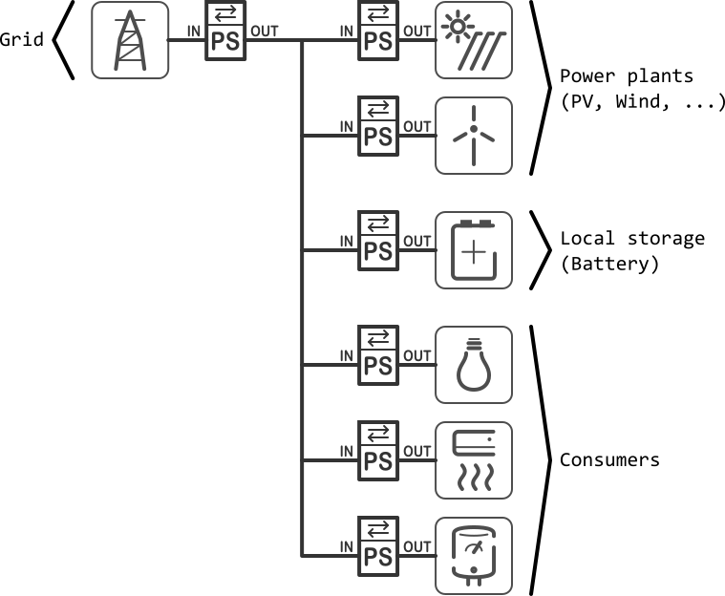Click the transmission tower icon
130,40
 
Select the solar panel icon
474,40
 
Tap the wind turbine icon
474,136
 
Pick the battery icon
474,250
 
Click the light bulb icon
474,365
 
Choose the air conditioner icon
474,460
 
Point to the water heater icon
474,556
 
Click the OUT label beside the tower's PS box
265,32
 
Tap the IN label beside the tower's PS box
194,32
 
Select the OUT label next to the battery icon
417,242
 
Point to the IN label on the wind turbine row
347,127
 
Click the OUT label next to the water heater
417,547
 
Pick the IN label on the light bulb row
347,356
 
